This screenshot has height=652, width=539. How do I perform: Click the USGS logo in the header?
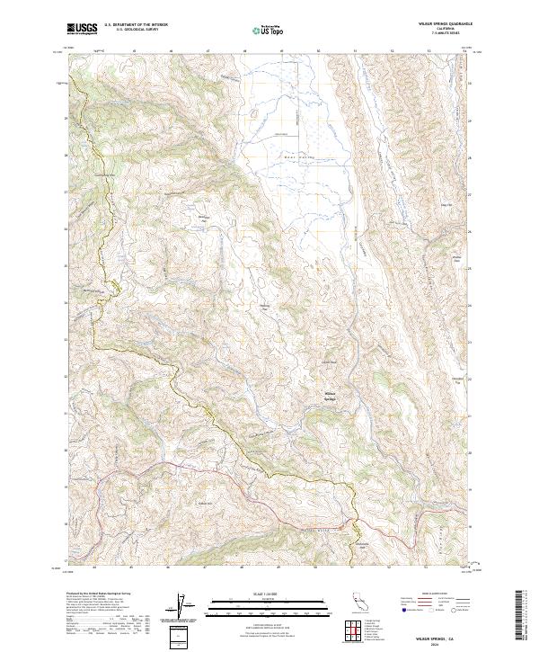coord(82,28)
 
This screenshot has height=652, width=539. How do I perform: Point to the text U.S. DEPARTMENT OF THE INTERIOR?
coord(136,24)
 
